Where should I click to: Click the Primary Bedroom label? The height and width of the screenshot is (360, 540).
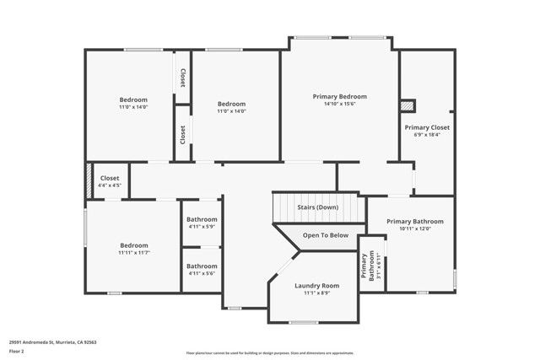pos(339,96)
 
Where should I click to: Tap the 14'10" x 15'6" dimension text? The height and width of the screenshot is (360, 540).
pos(339,105)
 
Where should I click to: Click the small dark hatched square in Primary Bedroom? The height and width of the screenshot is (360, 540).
pos(408,106)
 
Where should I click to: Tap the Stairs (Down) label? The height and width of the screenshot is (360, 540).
pos(317,207)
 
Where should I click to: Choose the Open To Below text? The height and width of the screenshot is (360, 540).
pos(326,235)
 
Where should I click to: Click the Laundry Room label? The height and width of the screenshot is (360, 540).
pos(316,286)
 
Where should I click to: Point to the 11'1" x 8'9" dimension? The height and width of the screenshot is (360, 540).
pos(316,293)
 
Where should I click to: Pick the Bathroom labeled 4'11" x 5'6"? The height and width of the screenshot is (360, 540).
pos(202,266)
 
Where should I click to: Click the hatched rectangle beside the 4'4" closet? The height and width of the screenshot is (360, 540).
pos(89,180)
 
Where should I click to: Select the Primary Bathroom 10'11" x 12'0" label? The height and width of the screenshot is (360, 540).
pos(415,222)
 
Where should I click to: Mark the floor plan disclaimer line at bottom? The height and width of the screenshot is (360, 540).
pos(269,352)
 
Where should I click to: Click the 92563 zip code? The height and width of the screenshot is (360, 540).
pos(89,342)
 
